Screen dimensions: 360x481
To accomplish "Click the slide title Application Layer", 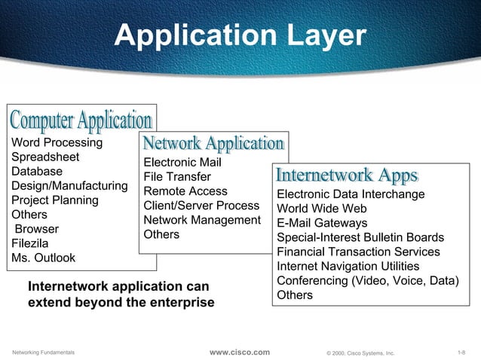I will click(x=240, y=35).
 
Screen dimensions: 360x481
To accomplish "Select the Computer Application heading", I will click(x=81, y=119).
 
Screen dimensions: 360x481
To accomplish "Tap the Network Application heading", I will click(x=213, y=143).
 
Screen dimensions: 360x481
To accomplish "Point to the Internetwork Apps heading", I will click(x=347, y=176).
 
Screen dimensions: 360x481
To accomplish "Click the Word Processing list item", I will click(x=57, y=142).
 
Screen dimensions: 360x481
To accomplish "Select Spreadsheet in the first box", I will click(x=45, y=157).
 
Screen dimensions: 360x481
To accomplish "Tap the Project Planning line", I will click(x=54, y=200).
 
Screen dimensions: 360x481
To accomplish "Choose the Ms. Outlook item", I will click(x=43, y=258).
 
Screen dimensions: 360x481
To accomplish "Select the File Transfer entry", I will click(x=177, y=177).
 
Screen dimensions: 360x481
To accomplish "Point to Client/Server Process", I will click(x=201, y=206).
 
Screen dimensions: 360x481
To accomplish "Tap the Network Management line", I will click(x=201, y=220).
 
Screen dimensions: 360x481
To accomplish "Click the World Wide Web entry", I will click(x=322, y=209).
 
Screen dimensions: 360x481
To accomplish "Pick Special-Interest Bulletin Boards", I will click(x=360, y=238).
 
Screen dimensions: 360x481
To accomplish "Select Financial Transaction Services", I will click(x=358, y=252).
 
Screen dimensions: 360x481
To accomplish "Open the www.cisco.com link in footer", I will click(x=239, y=352).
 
